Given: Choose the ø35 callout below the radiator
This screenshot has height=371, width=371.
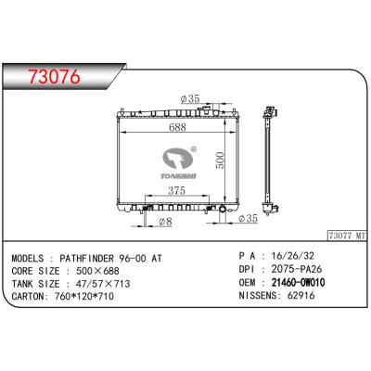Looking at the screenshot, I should pyautogui.click(x=247, y=220).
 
